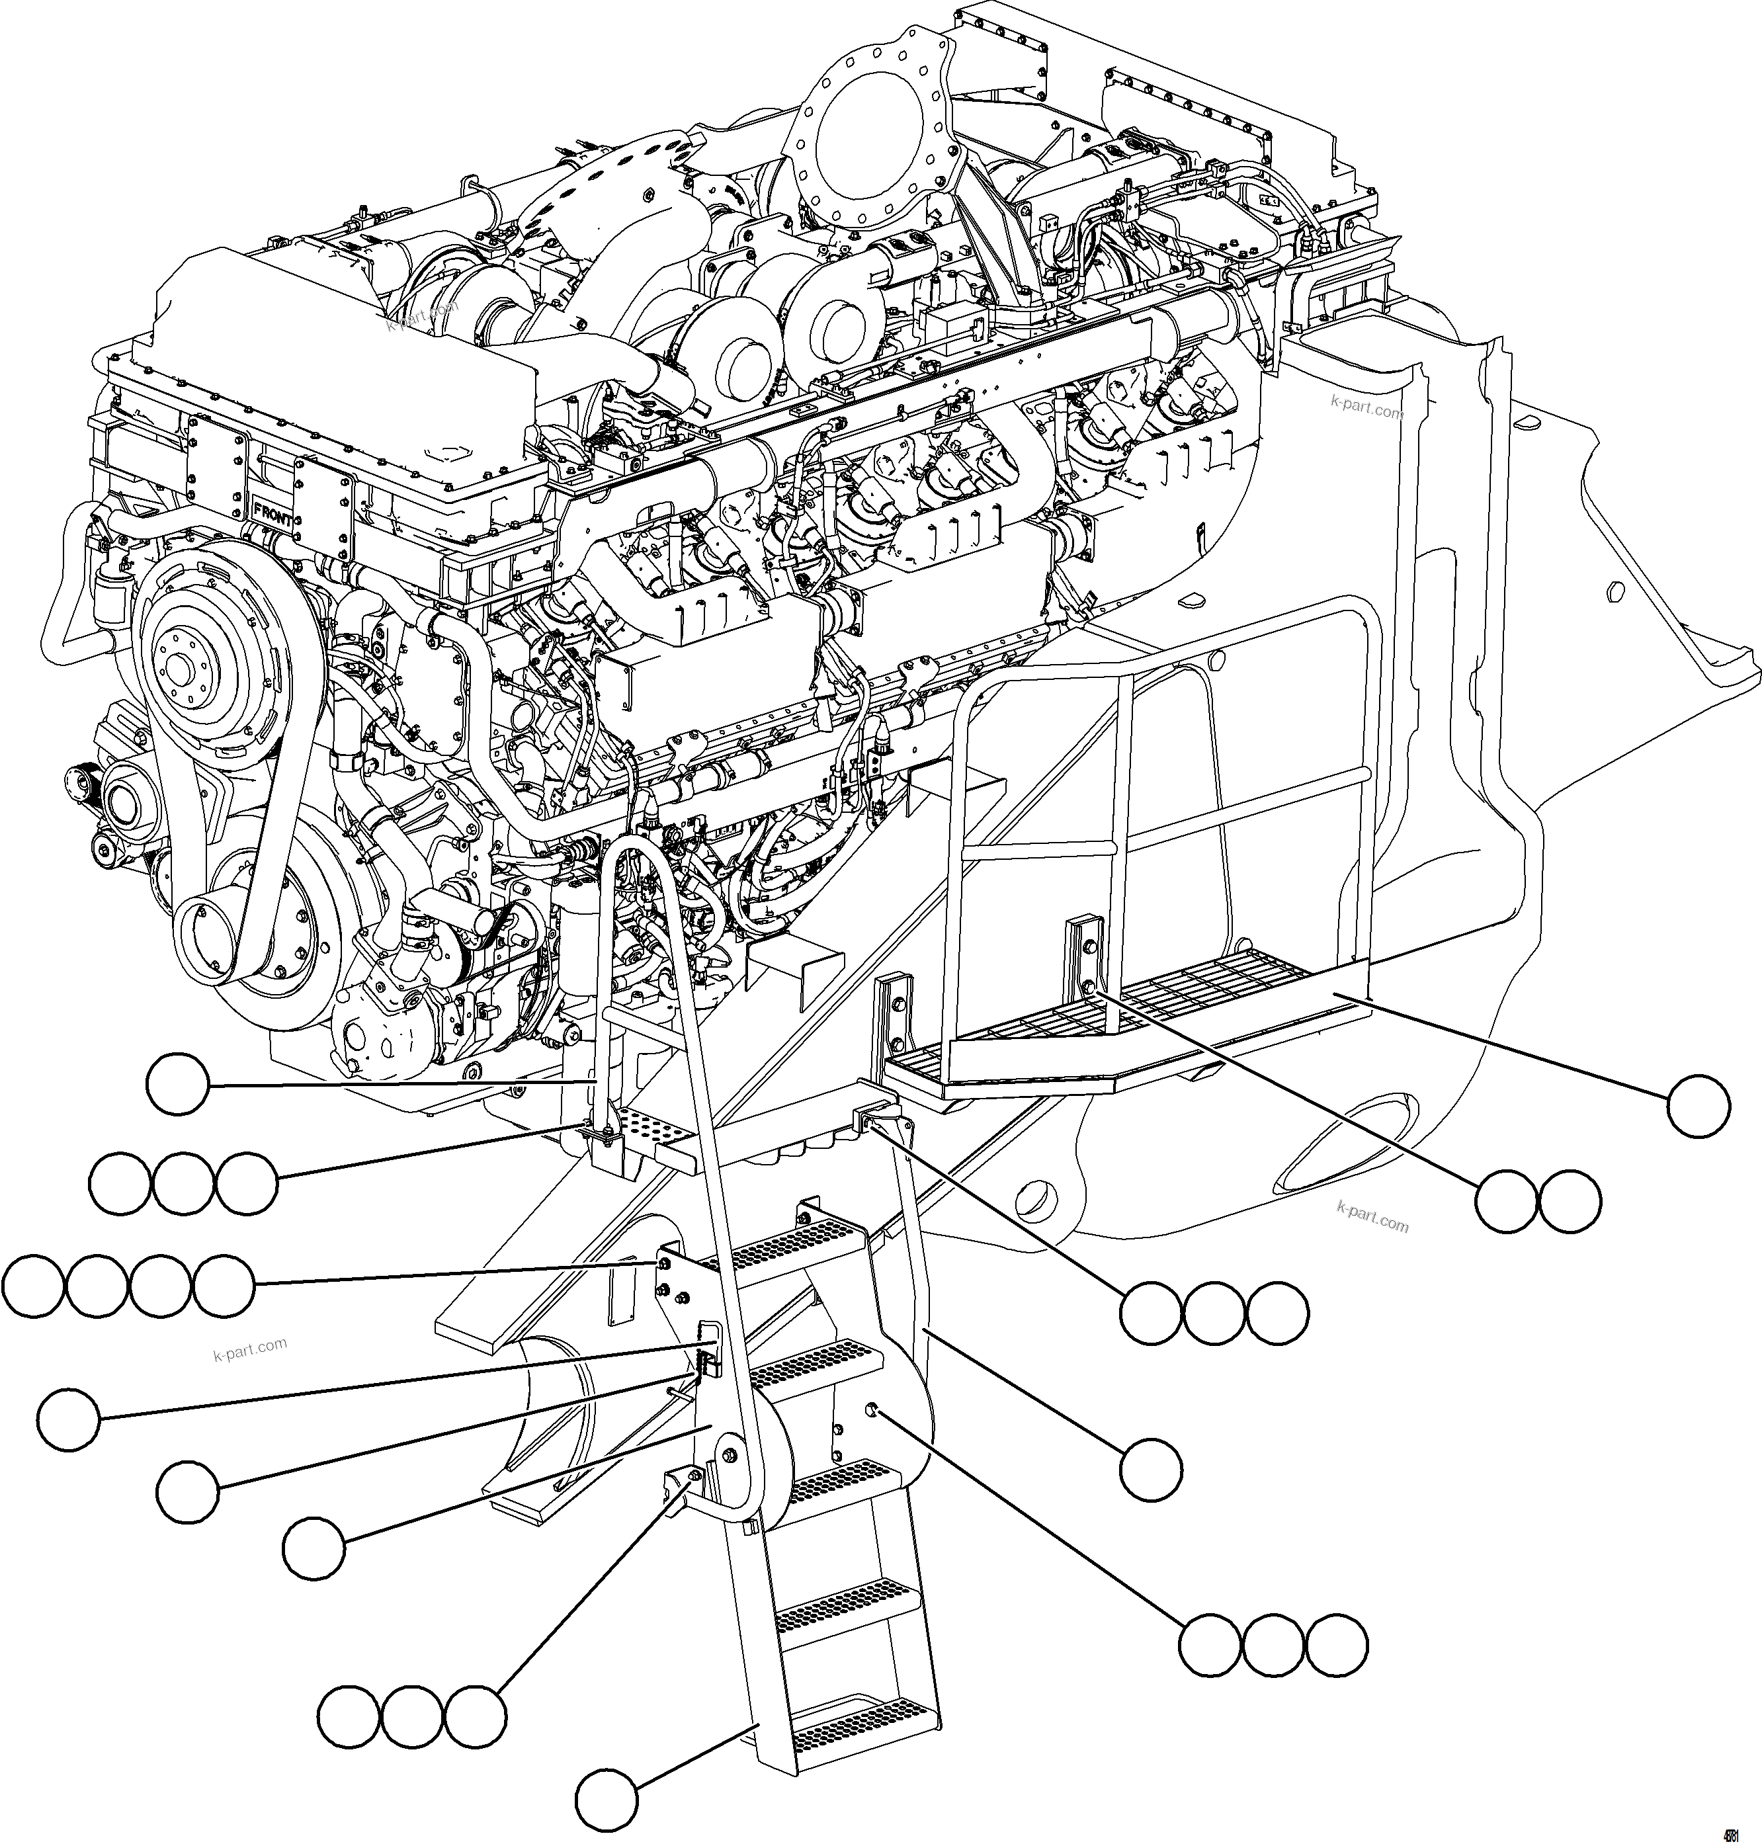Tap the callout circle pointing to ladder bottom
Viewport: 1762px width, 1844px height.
click(x=607, y=1799)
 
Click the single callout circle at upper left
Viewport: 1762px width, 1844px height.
click(x=177, y=1085)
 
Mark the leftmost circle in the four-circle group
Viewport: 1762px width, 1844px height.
click(x=33, y=1286)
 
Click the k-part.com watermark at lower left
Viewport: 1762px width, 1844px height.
click(x=250, y=1351)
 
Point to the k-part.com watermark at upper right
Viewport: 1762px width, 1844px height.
click(x=1366, y=407)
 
